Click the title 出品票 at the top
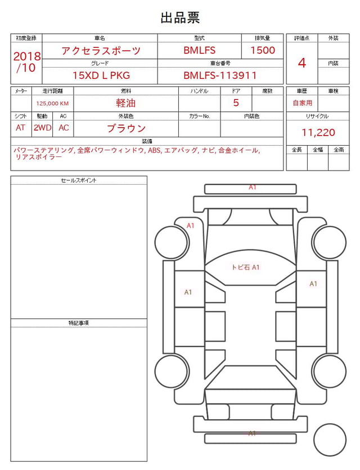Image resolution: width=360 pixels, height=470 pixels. click(180, 17)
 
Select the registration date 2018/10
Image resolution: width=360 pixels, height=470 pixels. click(26, 62)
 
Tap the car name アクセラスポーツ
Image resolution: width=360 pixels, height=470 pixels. click(101, 50)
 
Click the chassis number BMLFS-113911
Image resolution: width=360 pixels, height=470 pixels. click(220, 75)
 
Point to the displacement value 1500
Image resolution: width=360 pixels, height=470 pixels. click(263, 50)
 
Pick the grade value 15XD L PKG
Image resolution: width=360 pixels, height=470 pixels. click(101, 75)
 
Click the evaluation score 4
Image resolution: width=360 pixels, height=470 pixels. click(302, 63)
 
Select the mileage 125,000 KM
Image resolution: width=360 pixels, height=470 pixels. click(52, 104)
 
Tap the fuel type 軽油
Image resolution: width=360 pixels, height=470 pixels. click(126, 103)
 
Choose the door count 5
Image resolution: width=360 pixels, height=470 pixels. click(236, 103)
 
